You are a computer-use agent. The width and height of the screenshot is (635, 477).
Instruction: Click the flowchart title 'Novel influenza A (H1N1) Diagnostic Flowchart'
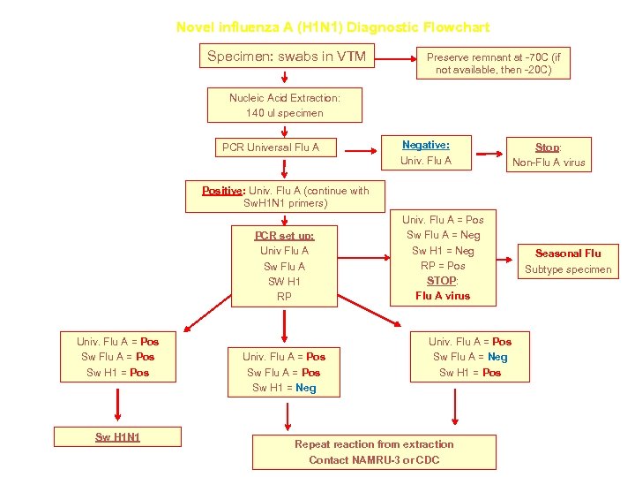[x=332, y=27]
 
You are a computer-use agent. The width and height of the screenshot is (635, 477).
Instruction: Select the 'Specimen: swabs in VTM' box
[x=286, y=57]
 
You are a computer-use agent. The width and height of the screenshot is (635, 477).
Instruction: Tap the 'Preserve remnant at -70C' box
[x=493, y=63]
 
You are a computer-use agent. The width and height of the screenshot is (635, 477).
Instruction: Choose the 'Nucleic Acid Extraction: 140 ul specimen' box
[x=284, y=105]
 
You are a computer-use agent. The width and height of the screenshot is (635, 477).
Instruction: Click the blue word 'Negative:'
[x=426, y=145]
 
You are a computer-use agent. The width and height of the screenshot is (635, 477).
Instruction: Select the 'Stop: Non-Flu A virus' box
[x=549, y=155]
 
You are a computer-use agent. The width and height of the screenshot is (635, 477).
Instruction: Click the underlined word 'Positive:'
[x=224, y=190]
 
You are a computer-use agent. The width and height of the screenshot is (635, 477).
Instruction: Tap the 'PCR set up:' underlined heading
[x=284, y=235]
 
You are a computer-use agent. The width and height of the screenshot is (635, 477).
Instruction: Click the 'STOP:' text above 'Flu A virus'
[x=442, y=281]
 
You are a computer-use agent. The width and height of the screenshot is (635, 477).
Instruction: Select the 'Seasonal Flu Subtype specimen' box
[x=567, y=261]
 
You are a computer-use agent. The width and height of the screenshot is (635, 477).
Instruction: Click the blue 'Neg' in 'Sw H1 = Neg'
[x=306, y=388]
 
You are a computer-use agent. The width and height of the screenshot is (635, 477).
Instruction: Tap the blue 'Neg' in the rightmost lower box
[x=497, y=357]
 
